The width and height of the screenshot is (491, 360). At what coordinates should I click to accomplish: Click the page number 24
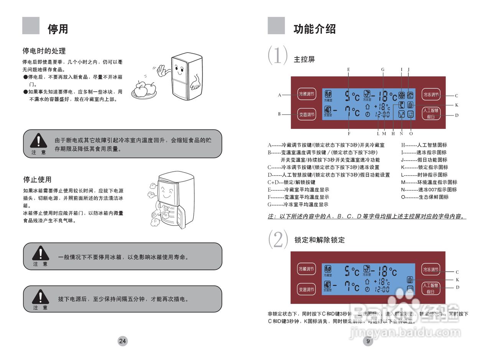122,341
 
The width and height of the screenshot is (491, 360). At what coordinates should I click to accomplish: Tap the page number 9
368,341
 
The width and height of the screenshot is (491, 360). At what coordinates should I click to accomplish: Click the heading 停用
58,29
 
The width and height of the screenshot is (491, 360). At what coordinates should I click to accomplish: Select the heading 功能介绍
315,29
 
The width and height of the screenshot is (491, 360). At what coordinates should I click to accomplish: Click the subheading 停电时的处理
44,51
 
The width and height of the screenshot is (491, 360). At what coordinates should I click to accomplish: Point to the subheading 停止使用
37,179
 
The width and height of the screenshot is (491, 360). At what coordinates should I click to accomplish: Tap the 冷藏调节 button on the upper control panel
306,94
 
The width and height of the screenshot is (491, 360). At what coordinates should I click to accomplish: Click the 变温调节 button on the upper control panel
306,114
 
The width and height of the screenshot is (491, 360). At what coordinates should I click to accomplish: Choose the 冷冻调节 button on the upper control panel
431,94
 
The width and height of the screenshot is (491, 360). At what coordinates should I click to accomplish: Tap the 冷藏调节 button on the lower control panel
306,269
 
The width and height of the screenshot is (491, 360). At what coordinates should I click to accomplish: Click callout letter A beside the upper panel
280,95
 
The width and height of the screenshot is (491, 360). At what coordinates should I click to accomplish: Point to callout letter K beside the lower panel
457,280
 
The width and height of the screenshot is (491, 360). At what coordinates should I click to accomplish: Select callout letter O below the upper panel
411,133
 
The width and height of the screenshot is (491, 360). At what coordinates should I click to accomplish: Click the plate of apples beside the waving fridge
144,91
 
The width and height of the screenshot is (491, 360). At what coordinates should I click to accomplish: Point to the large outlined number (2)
278,240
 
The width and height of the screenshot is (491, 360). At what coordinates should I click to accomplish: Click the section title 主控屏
304,60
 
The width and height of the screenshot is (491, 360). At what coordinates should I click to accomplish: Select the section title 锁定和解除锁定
320,240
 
